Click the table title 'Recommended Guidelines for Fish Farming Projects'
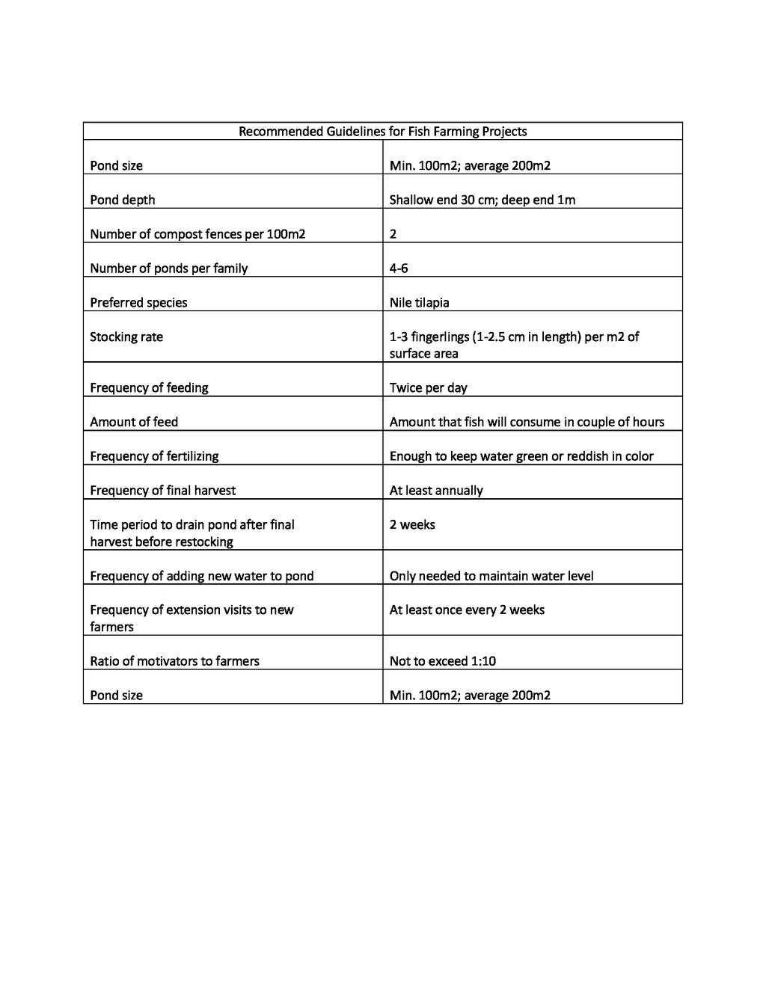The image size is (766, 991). coord(382,132)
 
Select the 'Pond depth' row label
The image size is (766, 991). coord(123,200)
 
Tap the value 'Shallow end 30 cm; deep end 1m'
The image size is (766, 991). coord(482,200)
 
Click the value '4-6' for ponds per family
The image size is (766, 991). coord(399,269)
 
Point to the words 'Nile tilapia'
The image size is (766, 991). coord(419,303)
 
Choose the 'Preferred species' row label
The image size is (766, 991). coord(138,303)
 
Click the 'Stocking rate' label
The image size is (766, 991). coord(126,337)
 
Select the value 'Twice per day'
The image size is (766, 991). coord(428,388)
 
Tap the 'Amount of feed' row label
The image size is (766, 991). coord(134,423)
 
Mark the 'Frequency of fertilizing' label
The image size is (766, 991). coord(154,456)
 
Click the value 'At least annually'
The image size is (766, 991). coord(436,491)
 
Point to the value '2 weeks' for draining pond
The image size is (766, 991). coord(412,525)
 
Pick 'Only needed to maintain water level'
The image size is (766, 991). coord(491,576)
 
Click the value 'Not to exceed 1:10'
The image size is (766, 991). coord(442,661)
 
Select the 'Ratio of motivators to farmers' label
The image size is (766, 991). coord(174,661)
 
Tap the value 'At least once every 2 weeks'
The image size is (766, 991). coord(467,610)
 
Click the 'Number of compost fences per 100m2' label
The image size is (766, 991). coord(197,234)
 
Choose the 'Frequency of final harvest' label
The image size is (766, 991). coord(162,491)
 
